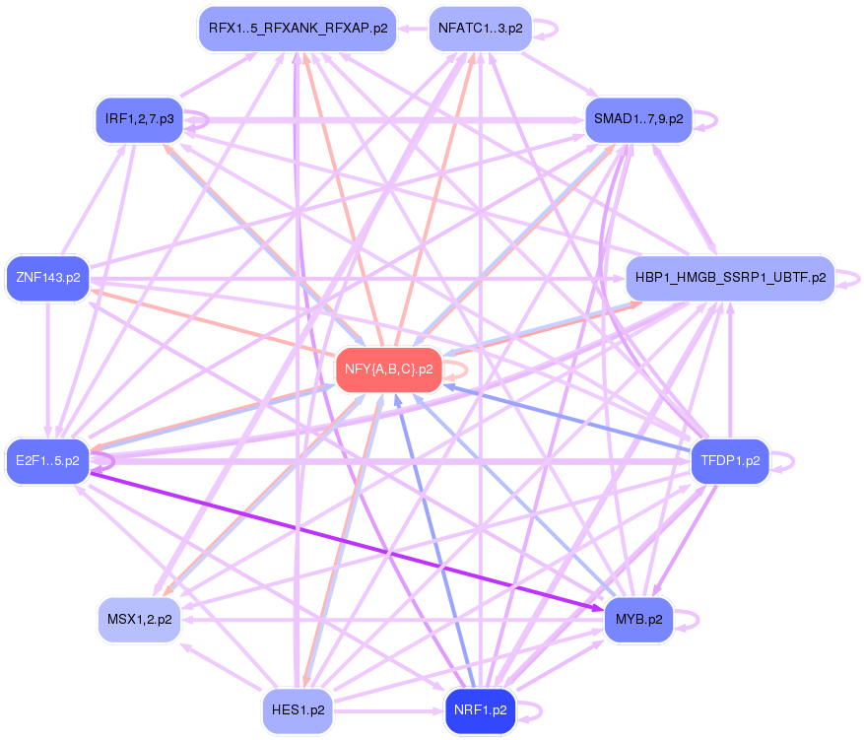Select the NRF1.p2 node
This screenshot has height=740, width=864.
(480, 708)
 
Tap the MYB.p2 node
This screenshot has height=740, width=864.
(638, 620)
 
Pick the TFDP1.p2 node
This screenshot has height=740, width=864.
(730, 460)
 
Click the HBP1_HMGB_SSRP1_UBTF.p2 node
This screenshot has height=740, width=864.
(730, 277)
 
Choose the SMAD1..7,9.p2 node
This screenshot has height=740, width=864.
(638, 119)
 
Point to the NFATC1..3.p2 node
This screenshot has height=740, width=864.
(480, 28)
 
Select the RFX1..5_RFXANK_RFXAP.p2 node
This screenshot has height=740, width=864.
(297, 28)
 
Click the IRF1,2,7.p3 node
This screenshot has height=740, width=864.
(139, 119)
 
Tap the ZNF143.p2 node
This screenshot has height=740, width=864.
(47, 277)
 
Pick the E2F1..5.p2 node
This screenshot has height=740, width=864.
(47, 460)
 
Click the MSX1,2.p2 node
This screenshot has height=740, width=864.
(139, 620)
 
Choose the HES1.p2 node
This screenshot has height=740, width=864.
(298, 708)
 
